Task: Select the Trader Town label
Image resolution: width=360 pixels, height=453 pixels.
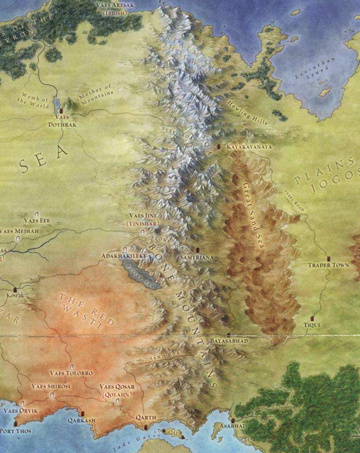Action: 328,265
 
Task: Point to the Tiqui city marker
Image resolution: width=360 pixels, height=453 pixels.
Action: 312,319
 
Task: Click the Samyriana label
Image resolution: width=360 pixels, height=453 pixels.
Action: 197,257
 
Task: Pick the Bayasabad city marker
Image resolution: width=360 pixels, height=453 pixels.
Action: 228,335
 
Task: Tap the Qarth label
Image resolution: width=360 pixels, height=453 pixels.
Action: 146,417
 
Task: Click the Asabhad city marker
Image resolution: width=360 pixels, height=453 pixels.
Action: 233,420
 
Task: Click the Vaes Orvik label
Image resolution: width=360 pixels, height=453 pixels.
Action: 21,411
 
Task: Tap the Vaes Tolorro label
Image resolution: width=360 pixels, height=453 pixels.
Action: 71,373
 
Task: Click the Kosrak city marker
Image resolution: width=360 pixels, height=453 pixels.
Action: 15,288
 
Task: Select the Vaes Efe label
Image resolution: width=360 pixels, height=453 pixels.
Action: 37,220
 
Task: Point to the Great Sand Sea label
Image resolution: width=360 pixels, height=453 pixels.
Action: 253,216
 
